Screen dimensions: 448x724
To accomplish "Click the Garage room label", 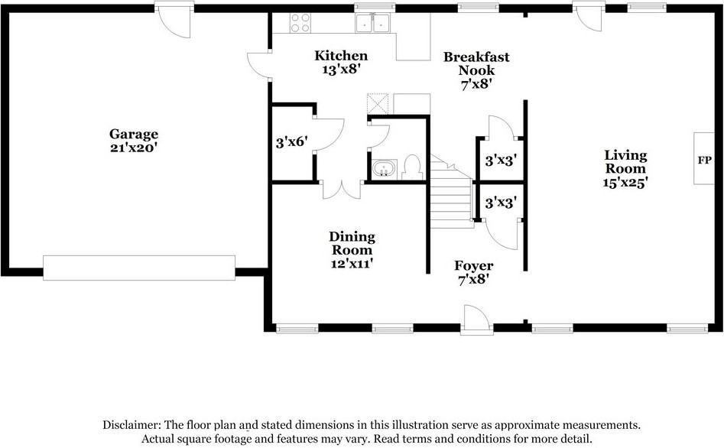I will pos(133,135).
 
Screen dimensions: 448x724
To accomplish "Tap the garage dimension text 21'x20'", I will pos(133,148).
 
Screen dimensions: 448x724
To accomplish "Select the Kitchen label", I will pos(342,56).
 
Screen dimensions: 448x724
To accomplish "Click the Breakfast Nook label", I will pos(476,63).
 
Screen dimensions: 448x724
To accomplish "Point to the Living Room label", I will pos(625,161).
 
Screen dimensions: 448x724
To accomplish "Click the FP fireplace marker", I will pos(704,161).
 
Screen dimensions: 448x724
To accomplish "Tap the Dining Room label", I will pos(352,243).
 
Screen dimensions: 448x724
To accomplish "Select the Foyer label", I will pos(474,266).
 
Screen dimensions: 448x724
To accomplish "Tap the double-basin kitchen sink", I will pos(374,24).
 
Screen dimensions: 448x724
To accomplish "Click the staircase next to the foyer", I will pos(450,196).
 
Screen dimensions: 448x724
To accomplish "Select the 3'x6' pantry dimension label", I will pos(291,142).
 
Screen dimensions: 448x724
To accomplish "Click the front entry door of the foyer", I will pos(474,319).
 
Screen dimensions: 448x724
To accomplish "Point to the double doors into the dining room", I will pos(341,189).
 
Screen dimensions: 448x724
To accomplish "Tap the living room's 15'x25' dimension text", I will pos(625,183).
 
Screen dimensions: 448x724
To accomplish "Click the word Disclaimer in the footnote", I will pos(131,425).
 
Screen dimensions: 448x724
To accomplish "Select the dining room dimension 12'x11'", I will pos(352,264).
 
